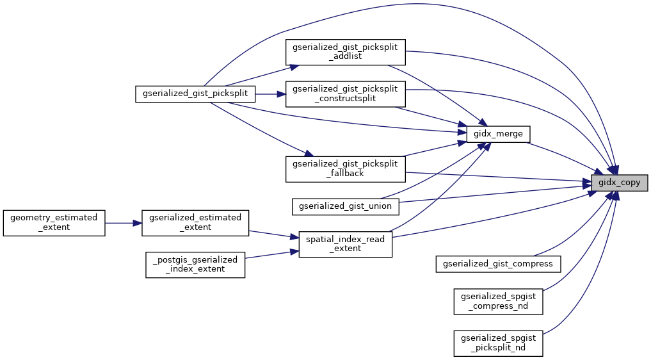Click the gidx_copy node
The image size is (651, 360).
(619, 183)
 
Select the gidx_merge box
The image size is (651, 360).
(498, 134)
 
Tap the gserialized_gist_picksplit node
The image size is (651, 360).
(196, 94)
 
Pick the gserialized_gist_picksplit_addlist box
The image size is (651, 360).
(345, 51)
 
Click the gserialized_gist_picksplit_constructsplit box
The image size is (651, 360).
(345, 94)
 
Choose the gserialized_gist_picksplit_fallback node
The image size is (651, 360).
(345, 168)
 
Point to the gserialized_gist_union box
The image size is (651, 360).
(346, 206)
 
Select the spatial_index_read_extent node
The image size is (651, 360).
(346, 243)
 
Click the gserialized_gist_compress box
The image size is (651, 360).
(499, 263)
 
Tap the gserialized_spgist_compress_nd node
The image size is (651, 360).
(499, 301)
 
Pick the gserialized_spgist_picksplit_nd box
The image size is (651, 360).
(499, 343)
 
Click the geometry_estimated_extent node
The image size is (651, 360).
(54, 223)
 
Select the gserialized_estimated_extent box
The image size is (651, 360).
(195, 223)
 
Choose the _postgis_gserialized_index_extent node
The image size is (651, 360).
(195, 264)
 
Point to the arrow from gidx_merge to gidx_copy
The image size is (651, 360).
(560, 156)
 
